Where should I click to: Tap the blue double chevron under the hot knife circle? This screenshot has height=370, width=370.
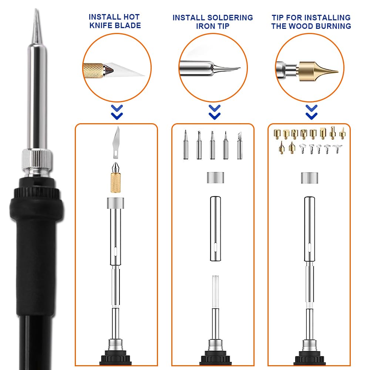[x=117, y=112]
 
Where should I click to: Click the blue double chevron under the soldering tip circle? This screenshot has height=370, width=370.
[x=214, y=112]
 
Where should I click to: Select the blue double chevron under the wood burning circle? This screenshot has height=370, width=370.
[x=312, y=112]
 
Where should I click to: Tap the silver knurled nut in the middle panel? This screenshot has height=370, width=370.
[x=213, y=177]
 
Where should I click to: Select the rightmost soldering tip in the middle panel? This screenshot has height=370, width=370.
[x=240, y=145]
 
